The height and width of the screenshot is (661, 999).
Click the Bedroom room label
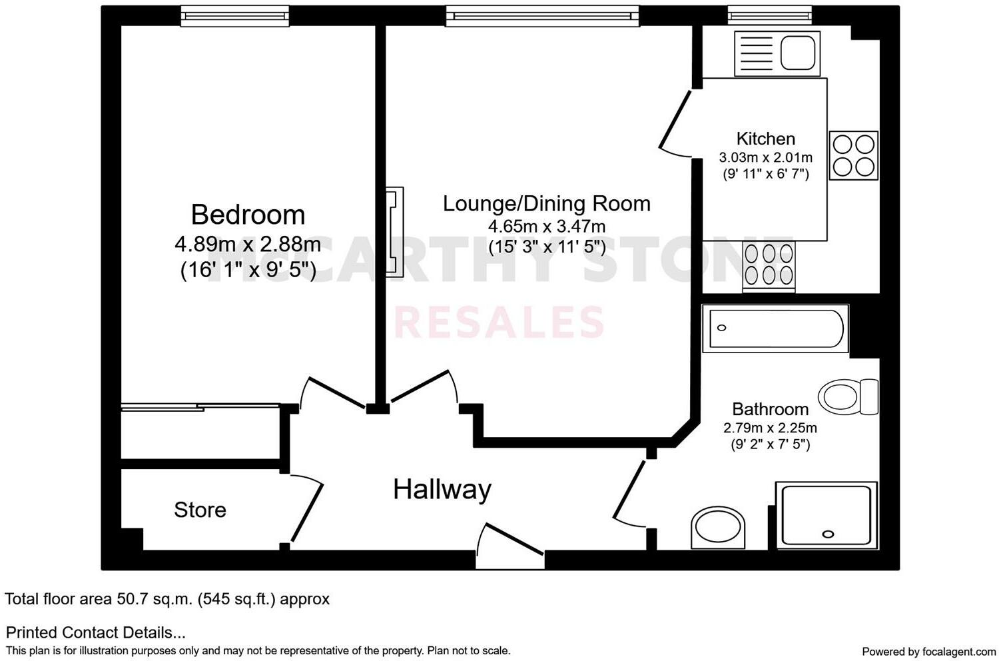pos(248,215)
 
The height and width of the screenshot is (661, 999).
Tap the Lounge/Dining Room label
pos(546,203)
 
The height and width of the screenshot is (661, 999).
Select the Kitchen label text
pos(765,139)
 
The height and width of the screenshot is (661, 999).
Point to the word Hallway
pos(442,490)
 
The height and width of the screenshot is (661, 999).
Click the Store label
pos(200,510)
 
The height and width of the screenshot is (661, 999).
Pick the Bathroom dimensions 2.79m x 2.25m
pos(770,428)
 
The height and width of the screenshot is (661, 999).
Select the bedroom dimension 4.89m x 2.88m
pos(248,245)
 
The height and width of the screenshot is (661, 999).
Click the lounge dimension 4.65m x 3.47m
pos(546,227)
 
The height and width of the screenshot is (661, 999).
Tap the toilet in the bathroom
pos(847,397)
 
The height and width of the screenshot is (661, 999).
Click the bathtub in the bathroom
pos(776,329)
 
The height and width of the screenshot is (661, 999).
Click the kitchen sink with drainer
pos(777,53)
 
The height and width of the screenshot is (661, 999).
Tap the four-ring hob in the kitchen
pos(853,155)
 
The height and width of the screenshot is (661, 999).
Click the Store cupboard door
pos(306,510)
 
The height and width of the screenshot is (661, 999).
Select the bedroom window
pos(234,16)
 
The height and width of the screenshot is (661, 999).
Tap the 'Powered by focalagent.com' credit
pos(928,651)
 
